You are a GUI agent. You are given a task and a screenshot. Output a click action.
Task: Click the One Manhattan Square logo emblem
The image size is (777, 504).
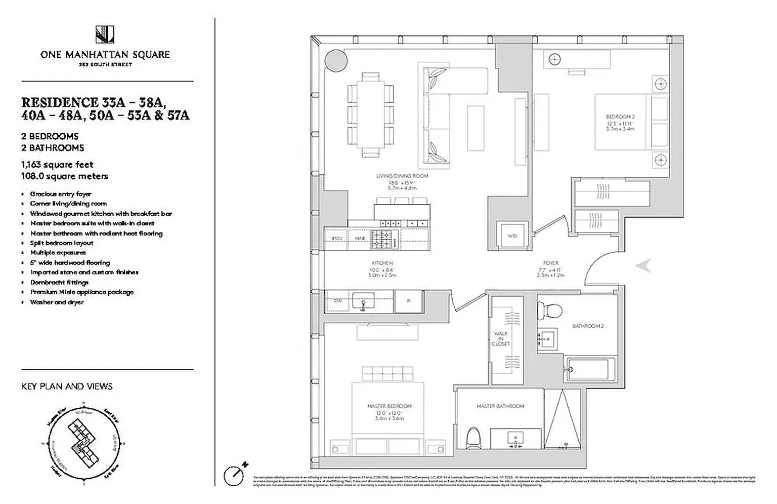pos(105,34)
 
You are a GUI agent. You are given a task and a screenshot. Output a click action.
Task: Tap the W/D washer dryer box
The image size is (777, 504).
pos(511,236)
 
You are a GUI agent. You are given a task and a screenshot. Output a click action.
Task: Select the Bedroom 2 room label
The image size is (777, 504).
pos(620,117)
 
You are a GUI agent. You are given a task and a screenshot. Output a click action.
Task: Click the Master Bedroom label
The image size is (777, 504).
pos(389,406)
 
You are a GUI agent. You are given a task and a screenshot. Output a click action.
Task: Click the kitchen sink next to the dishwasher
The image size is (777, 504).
pos(363,301)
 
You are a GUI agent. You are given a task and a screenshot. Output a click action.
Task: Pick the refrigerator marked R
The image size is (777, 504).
pos(409,301)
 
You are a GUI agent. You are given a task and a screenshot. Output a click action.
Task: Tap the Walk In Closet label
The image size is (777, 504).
pos(501,339)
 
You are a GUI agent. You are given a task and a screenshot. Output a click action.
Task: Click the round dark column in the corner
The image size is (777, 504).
pos(336,61)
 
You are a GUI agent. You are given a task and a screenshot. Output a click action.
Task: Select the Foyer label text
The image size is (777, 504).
pos(550,263)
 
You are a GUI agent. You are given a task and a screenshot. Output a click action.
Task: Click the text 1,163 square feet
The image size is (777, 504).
pos(57,165)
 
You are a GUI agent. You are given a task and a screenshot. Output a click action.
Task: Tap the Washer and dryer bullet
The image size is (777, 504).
pos(57,302)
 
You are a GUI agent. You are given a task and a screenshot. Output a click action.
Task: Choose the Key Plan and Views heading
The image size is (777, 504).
pos(67,386)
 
